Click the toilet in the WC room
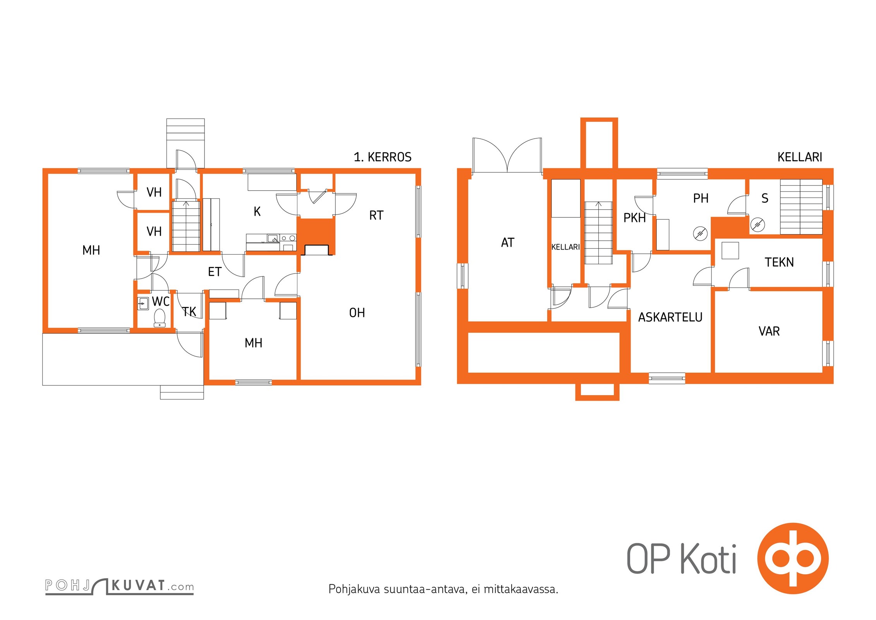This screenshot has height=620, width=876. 160,318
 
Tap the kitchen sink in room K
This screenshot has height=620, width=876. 273,238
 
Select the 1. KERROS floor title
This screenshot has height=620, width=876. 383,157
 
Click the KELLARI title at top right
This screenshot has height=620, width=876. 800,157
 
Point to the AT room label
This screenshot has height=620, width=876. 508,243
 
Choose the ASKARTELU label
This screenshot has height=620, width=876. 670,317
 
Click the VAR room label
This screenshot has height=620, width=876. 769,331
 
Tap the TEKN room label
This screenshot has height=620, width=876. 779,262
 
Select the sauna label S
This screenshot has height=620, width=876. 765,198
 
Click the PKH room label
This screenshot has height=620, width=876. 634,218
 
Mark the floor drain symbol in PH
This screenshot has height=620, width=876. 700,234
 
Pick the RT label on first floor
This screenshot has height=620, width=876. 376,215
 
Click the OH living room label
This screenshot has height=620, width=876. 357,313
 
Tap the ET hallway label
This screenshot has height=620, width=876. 215,272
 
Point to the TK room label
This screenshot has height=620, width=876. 189,312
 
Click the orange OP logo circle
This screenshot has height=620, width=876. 793,558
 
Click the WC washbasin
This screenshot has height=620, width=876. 143,303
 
